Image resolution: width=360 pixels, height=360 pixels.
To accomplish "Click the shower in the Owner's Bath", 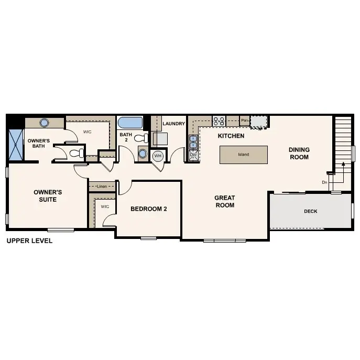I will click(x=16, y=145).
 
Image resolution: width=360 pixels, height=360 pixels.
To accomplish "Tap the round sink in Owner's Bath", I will click(x=45, y=123).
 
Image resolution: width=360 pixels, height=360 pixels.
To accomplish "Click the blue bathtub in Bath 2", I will click(x=130, y=123).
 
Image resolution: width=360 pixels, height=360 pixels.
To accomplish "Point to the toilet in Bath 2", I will click(x=140, y=138).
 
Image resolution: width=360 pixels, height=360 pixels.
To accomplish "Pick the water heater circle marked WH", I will click(x=158, y=156).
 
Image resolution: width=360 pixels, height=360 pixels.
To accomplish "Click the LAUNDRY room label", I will click(x=174, y=124).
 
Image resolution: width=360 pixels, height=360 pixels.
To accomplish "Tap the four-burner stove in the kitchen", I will click(x=219, y=121).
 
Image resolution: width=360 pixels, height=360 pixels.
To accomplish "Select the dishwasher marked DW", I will click(x=193, y=155).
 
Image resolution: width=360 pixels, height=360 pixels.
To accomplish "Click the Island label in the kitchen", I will click(x=243, y=155).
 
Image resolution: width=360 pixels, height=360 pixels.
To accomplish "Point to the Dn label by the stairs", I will click(x=325, y=182).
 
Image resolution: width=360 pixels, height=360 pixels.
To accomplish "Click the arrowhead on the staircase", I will click(x=343, y=164).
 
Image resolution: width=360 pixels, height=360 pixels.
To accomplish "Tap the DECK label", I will click(x=311, y=212).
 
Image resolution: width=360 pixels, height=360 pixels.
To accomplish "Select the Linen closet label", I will click(x=101, y=186).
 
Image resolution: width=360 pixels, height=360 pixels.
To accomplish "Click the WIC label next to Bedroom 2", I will click(x=104, y=206).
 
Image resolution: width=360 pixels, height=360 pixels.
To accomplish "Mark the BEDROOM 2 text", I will click(x=148, y=209).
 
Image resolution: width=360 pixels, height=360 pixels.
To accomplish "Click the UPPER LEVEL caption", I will click(x=29, y=242).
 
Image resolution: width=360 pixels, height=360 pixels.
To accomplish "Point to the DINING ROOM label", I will click(x=299, y=154).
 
